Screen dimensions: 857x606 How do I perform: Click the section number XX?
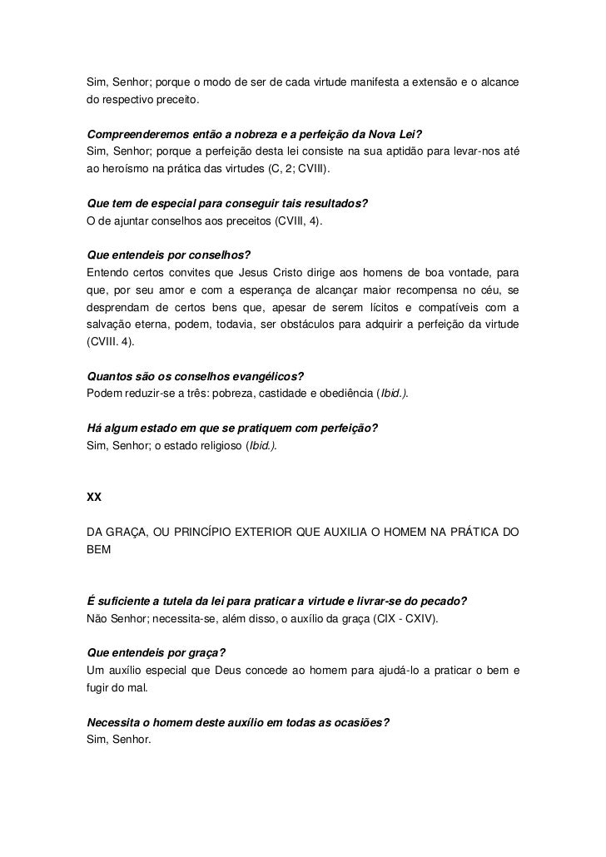(94, 498)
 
